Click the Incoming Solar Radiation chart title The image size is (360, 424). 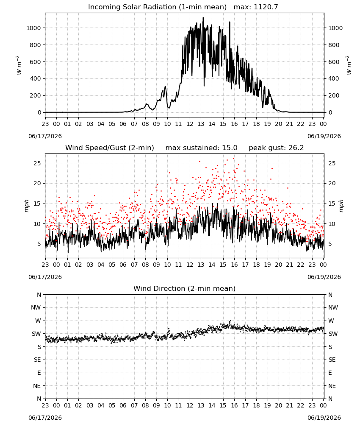tap(157, 7)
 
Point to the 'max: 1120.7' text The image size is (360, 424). tap(256, 7)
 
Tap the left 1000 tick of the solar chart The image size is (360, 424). tap(33, 28)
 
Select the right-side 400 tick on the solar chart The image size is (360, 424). tap(334, 79)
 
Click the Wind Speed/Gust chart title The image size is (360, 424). tap(110, 148)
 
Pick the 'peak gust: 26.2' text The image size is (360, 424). tap(276, 148)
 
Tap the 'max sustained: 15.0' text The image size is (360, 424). tap(202, 148)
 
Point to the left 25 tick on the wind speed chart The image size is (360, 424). tap(37, 163)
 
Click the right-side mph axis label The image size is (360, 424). tap(341, 206)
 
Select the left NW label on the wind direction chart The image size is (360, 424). tap(36, 308)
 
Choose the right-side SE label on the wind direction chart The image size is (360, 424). tap(332, 360)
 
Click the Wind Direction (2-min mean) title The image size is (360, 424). tap(185, 288)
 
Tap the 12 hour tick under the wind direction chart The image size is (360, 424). tap(190, 405)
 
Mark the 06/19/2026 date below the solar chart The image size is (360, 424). tap(324, 136)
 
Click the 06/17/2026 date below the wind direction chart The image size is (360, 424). tap(45, 418)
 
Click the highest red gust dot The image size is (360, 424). tap(234, 159)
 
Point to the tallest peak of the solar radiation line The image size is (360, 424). tap(203, 18)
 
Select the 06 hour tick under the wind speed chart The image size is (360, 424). tap(123, 265)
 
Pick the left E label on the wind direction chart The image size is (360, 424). tap(39, 373)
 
